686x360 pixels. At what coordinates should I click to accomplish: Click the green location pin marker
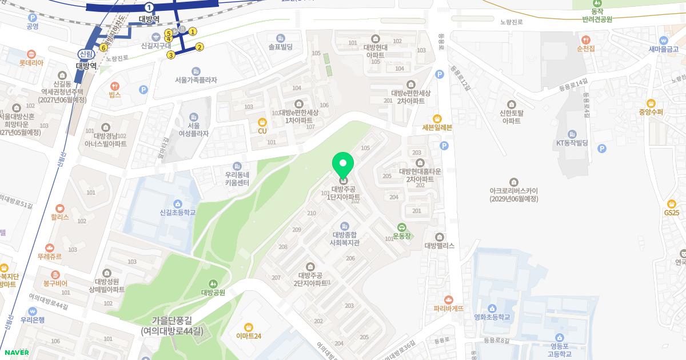coord(343,166)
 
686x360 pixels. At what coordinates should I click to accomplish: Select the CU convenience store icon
coord(262,122)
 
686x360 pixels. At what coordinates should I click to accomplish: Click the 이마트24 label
coord(249,336)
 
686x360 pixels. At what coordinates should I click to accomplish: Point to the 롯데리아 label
coord(31,63)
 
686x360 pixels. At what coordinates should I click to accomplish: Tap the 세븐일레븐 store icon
coord(437,118)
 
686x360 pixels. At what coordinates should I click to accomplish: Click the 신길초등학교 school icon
coord(178,203)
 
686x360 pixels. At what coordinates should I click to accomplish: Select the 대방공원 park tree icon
coord(213,283)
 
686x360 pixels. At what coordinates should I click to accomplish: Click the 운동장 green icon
coord(402,227)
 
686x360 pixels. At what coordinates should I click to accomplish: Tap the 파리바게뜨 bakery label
coord(449,308)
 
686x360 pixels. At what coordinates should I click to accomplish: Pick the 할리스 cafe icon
coord(59,209)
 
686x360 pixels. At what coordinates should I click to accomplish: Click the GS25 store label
coord(672,213)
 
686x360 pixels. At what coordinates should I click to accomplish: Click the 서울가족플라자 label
coord(196,80)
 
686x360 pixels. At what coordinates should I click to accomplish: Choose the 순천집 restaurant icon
coord(586,40)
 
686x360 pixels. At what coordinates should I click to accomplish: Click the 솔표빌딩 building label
coord(280,47)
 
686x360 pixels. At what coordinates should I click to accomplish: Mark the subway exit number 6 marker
coord(103,47)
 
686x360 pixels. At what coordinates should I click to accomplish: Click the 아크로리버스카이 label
coord(514,194)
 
